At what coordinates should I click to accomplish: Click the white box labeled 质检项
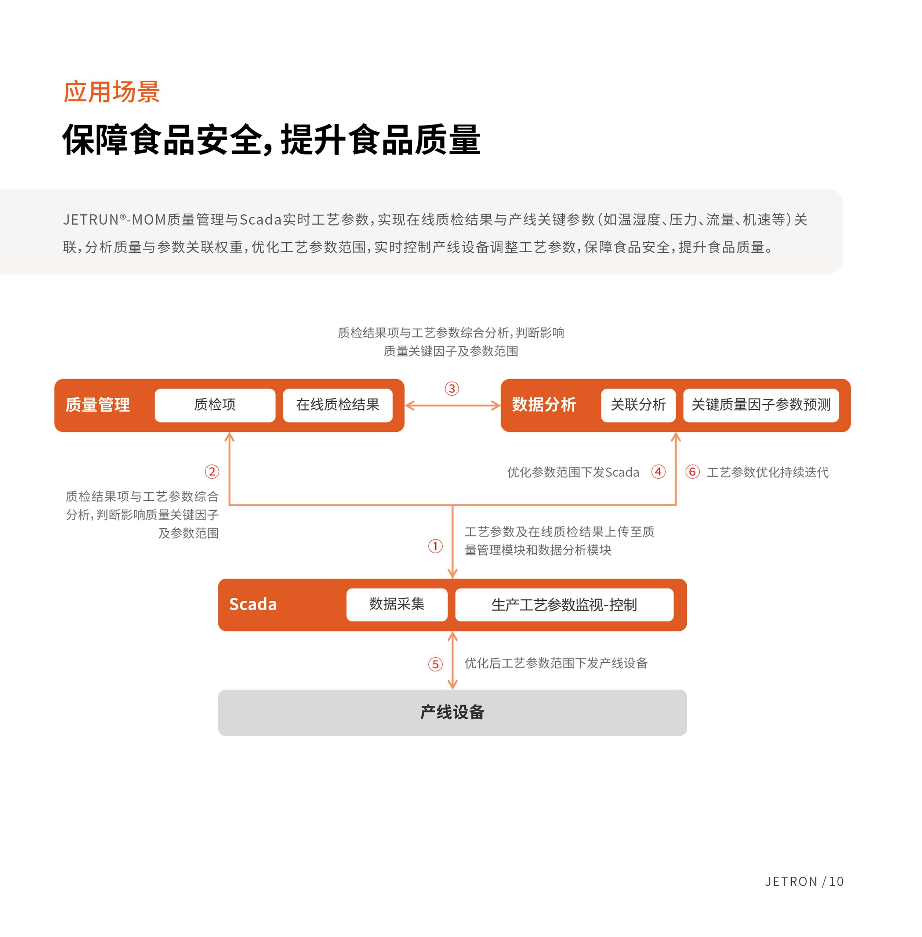tap(215, 405)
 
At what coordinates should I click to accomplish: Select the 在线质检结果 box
tap(338, 405)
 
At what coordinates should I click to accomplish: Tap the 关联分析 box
tap(638, 405)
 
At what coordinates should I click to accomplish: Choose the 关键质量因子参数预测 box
tap(761, 405)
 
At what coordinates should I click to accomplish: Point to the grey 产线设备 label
tap(452, 712)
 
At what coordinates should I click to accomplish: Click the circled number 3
tap(452, 388)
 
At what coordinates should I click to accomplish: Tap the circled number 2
tap(212, 471)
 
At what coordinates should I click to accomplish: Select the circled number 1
tap(435, 546)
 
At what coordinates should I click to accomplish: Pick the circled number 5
tap(435, 664)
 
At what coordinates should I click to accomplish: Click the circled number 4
tap(658, 471)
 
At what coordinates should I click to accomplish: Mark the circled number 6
tap(693, 471)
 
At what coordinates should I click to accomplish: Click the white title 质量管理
tap(98, 405)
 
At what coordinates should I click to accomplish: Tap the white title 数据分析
tap(544, 405)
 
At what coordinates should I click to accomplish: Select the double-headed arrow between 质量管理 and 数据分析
tap(452, 405)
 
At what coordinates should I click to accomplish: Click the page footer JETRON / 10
tap(804, 881)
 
